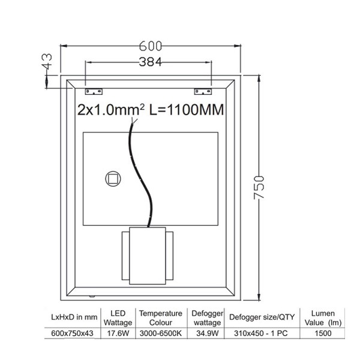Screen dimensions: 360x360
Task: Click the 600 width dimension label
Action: [151, 46]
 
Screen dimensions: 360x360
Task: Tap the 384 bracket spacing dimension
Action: [151, 62]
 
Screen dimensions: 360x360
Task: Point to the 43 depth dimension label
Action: [47, 62]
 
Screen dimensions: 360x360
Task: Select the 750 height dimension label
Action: [259, 188]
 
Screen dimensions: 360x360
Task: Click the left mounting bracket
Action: [94, 92]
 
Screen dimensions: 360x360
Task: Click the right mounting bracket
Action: [203, 92]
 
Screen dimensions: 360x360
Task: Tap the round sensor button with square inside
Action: [113, 179]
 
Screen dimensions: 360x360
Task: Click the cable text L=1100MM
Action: [187, 110]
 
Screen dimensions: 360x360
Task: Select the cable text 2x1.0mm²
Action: [111, 110]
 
